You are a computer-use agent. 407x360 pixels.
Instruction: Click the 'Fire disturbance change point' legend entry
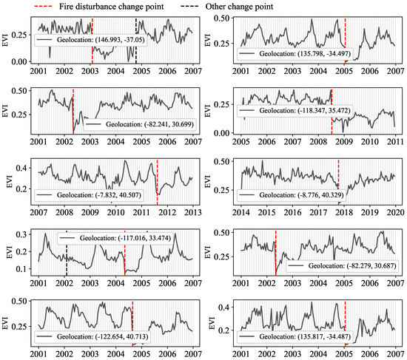(98, 7)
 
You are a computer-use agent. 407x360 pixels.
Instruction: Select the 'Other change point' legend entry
(226, 7)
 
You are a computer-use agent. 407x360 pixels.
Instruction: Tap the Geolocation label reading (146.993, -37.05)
(91, 40)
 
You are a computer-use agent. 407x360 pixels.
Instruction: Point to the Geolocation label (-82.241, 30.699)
(140, 124)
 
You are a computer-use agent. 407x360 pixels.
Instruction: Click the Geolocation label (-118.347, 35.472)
(295, 110)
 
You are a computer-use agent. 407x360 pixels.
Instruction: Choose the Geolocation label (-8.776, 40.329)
(291, 194)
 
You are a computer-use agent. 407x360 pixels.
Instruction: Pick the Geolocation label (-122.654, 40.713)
(92, 336)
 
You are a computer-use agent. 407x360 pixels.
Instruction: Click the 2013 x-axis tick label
(193, 212)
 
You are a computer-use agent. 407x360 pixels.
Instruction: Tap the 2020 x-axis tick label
(395, 212)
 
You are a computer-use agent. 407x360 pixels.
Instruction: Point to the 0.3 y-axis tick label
(21, 234)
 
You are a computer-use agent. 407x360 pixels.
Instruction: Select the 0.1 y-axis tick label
(21, 269)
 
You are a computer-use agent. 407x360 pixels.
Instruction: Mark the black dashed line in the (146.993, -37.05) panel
(136, 40)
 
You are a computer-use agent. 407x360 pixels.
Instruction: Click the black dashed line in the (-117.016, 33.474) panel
(67, 253)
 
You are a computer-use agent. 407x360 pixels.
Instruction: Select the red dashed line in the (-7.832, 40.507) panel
(158, 182)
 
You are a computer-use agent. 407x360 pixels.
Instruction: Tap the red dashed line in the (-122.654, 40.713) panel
(132, 323)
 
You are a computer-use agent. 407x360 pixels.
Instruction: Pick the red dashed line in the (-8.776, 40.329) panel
(338, 182)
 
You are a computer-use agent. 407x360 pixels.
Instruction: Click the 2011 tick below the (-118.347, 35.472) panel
(395, 142)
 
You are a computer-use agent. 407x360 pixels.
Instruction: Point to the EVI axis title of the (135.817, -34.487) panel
(212, 323)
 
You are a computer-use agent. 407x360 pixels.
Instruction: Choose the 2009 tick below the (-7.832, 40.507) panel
(90, 212)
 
